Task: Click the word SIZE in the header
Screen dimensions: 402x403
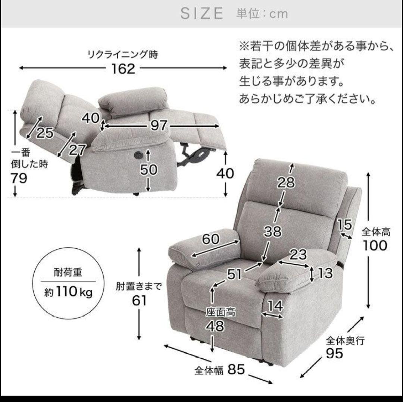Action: click(202, 13)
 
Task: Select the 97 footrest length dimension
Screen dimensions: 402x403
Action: click(159, 126)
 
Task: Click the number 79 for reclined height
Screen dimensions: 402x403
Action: click(19, 179)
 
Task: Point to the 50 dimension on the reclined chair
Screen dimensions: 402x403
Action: click(149, 170)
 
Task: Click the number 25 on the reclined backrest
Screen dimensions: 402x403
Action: click(45, 133)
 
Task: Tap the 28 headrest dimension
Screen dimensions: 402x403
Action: click(285, 183)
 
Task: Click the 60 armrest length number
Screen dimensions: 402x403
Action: click(210, 239)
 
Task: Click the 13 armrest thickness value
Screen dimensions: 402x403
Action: click(325, 273)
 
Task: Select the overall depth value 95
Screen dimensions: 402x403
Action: click(334, 353)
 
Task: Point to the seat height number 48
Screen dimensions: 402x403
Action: click(215, 326)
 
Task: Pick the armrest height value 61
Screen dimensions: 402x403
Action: click(139, 301)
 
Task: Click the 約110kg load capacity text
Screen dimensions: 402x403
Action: click(68, 292)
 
